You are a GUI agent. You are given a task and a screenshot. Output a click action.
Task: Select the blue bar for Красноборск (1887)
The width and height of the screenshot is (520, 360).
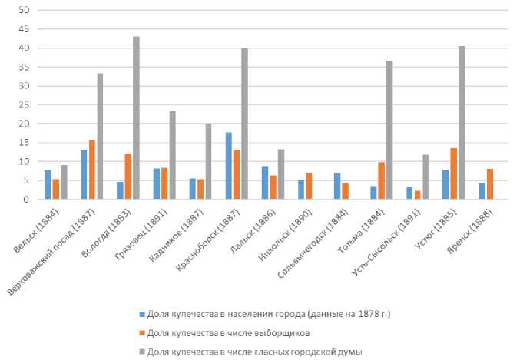click(x=229, y=166)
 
